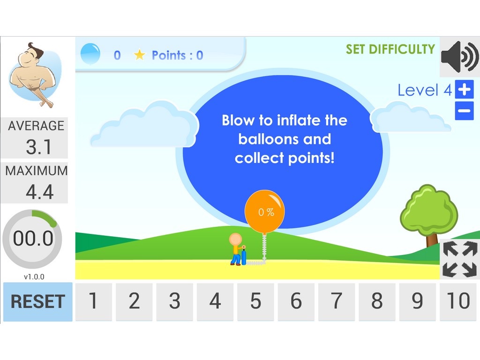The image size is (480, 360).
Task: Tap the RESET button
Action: click(37, 301)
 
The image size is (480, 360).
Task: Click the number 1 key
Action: click(94, 301)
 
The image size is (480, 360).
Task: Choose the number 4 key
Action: click(215, 301)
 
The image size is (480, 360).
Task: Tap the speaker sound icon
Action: click(460, 57)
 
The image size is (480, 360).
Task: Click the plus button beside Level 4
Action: click(465, 90)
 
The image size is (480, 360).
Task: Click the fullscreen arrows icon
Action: click(460, 259)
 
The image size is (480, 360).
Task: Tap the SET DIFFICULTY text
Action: click(390, 49)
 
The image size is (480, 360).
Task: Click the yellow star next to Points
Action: click(139, 55)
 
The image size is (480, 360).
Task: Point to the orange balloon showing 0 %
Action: click(265, 211)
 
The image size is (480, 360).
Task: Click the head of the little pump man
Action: click(235, 240)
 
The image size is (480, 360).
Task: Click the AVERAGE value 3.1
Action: click(38, 147)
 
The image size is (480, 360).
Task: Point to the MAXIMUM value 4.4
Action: click(39, 192)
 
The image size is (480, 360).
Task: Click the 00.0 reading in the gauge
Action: click(33, 238)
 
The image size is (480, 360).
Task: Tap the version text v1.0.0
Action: click(34, 277)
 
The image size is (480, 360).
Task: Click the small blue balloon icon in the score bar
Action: click(90, 53)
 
